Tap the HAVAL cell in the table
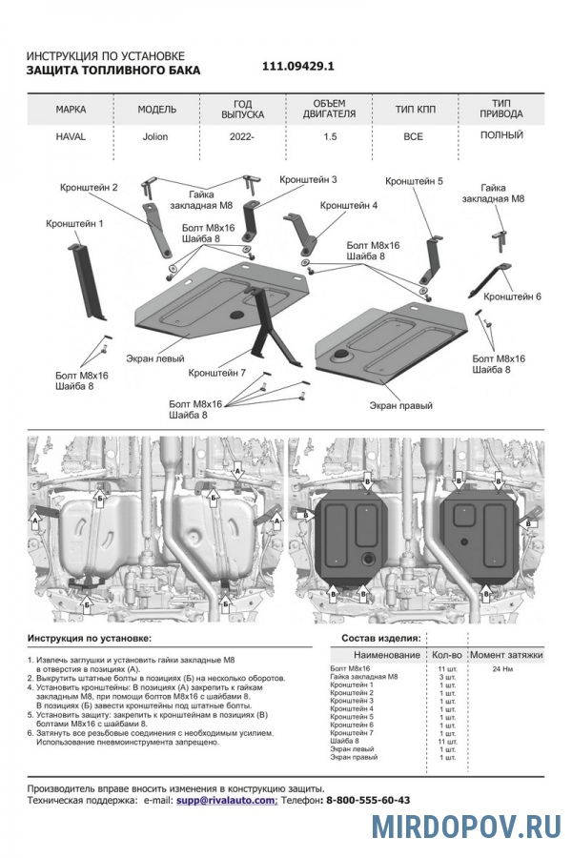[71, 136]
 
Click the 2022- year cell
[241, 136]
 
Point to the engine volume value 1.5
[328, 136]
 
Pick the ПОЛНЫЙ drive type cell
[501, 135]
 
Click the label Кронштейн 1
[74, 223]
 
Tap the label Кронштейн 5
[415, 181]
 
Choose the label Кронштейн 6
[512, 296]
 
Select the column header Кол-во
[446, 655]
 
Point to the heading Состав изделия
[380, 637]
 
